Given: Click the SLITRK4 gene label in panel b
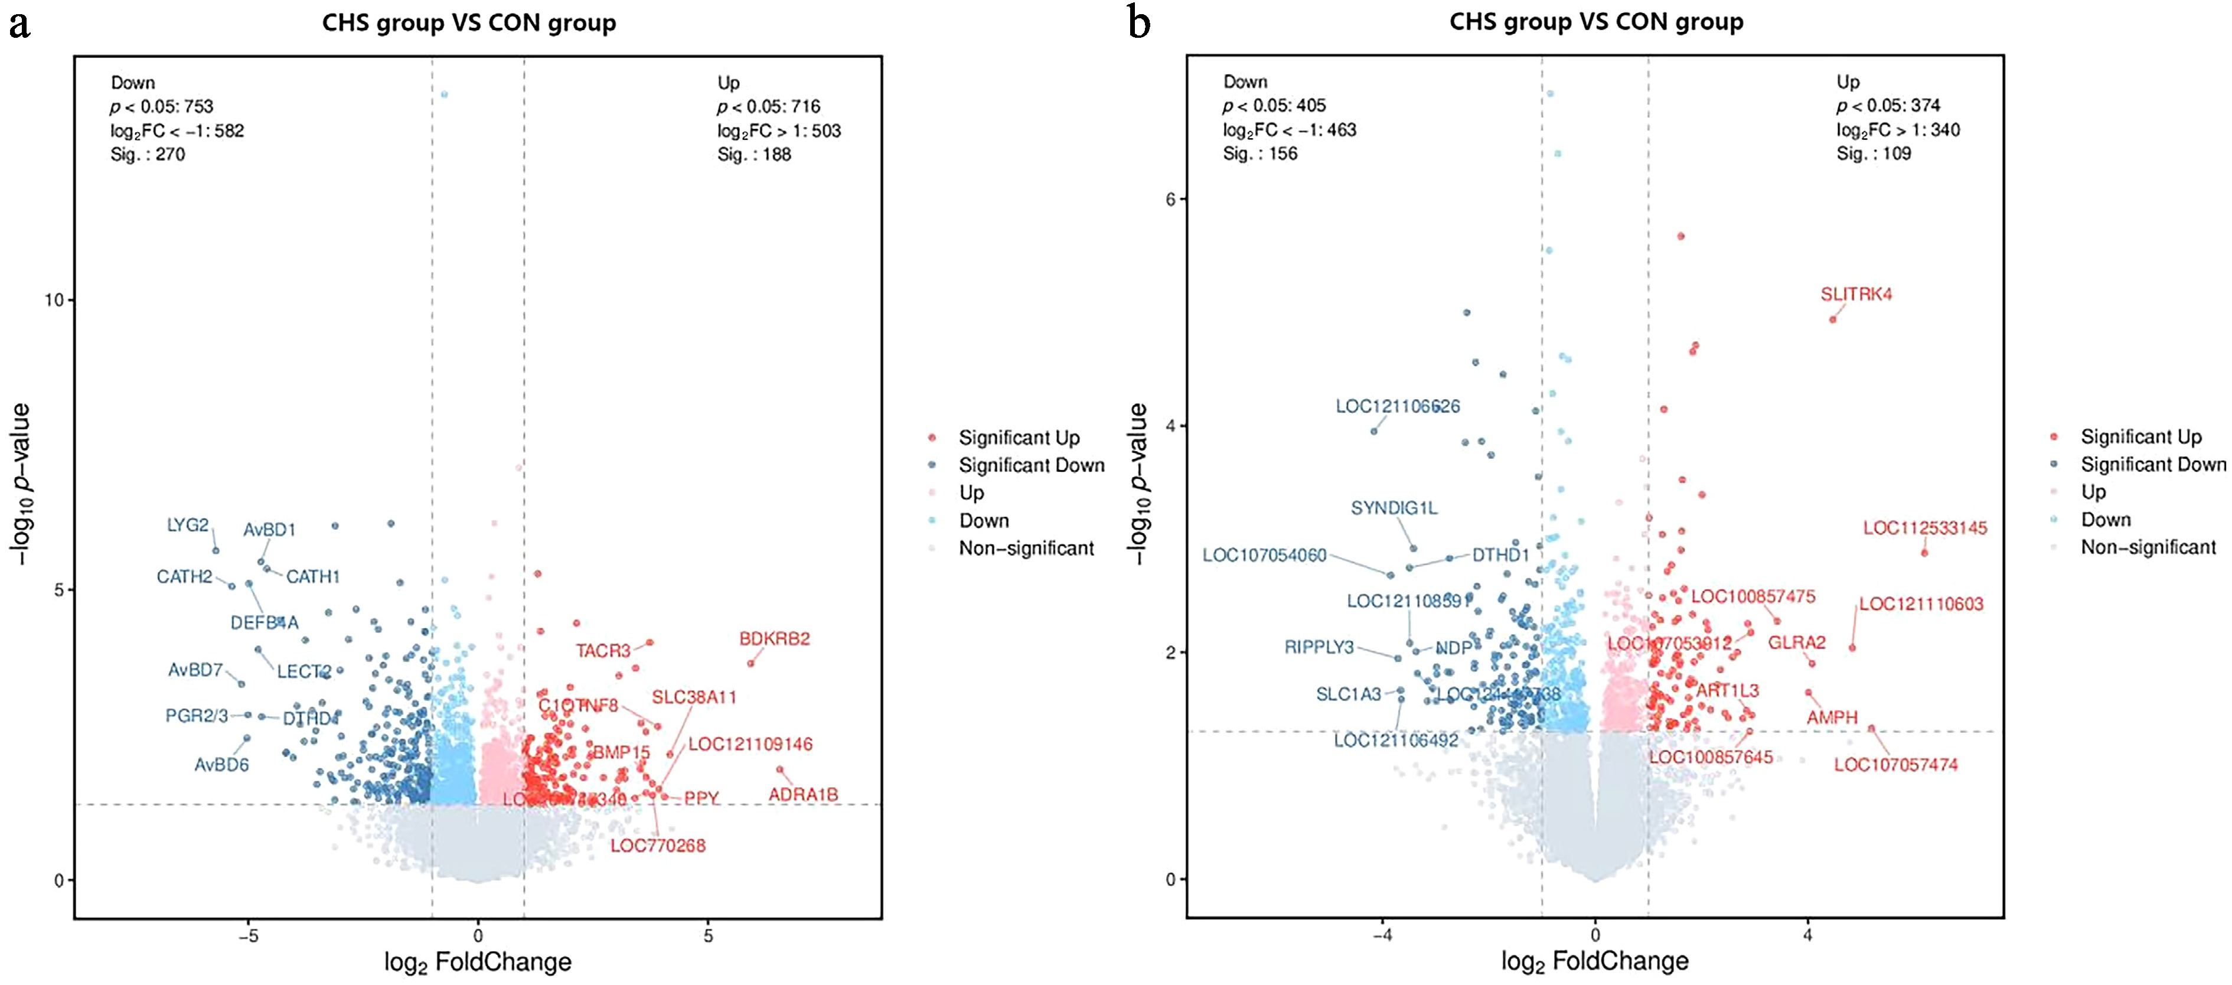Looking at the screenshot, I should tap(1856, 295).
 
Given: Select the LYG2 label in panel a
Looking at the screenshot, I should tap(188, 525).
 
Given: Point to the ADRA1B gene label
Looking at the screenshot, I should tap(803, 794).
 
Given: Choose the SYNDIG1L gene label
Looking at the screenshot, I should tap(1394, 508).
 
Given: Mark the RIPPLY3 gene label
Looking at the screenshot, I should tap(1319, 647).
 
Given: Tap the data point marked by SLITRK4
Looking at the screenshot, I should tap(1833, 319).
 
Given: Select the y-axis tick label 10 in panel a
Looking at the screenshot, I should tap(54, 300).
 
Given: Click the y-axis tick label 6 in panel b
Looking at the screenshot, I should tap(1170, 199).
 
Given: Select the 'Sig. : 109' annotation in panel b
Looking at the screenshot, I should tap(1873, 154).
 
